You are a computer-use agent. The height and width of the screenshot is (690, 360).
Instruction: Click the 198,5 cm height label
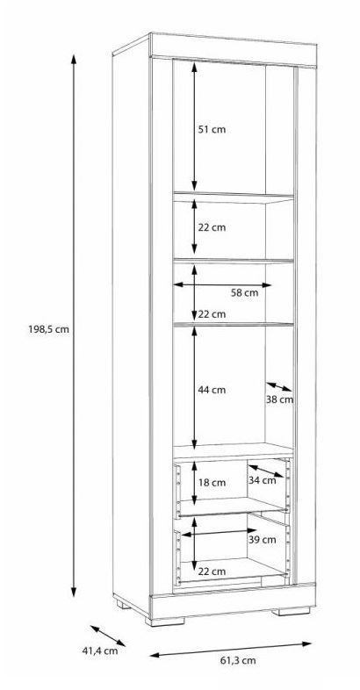[x=49, y=328]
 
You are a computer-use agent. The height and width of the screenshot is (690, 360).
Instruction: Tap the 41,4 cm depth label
[x=100, y=650]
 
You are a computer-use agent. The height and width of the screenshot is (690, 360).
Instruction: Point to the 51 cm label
[x=212, y=130]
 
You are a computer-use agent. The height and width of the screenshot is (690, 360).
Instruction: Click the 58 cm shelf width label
[x=245, y=292]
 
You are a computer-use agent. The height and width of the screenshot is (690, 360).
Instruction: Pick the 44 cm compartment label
[x=212, y=390]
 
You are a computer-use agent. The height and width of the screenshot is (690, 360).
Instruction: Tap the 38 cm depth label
[x=279, y=399]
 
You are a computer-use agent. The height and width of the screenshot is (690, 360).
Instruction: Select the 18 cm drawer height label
[x=212, y=482]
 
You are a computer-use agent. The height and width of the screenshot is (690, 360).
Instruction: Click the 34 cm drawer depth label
[x=263, y=480]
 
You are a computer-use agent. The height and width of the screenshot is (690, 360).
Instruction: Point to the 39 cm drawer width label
[x=263, y=540]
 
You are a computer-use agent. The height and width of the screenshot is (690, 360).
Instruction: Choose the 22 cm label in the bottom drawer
[x=212, y=571]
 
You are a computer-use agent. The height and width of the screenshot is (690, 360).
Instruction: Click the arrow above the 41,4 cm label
[x=108, y=636]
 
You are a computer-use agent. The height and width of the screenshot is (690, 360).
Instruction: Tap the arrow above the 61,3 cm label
[x=231, y=650]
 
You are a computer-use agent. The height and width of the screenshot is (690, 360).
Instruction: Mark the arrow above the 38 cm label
[x=279, y=387]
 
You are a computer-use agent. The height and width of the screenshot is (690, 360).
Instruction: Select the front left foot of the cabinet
[x=165, y=622]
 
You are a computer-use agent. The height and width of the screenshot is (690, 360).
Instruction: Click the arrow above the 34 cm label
[x=266, y=471]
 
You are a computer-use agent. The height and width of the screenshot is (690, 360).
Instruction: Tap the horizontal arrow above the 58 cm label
[x=222, y=284]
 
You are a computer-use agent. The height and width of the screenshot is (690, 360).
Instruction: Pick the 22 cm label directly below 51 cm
[x=212, y=227]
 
